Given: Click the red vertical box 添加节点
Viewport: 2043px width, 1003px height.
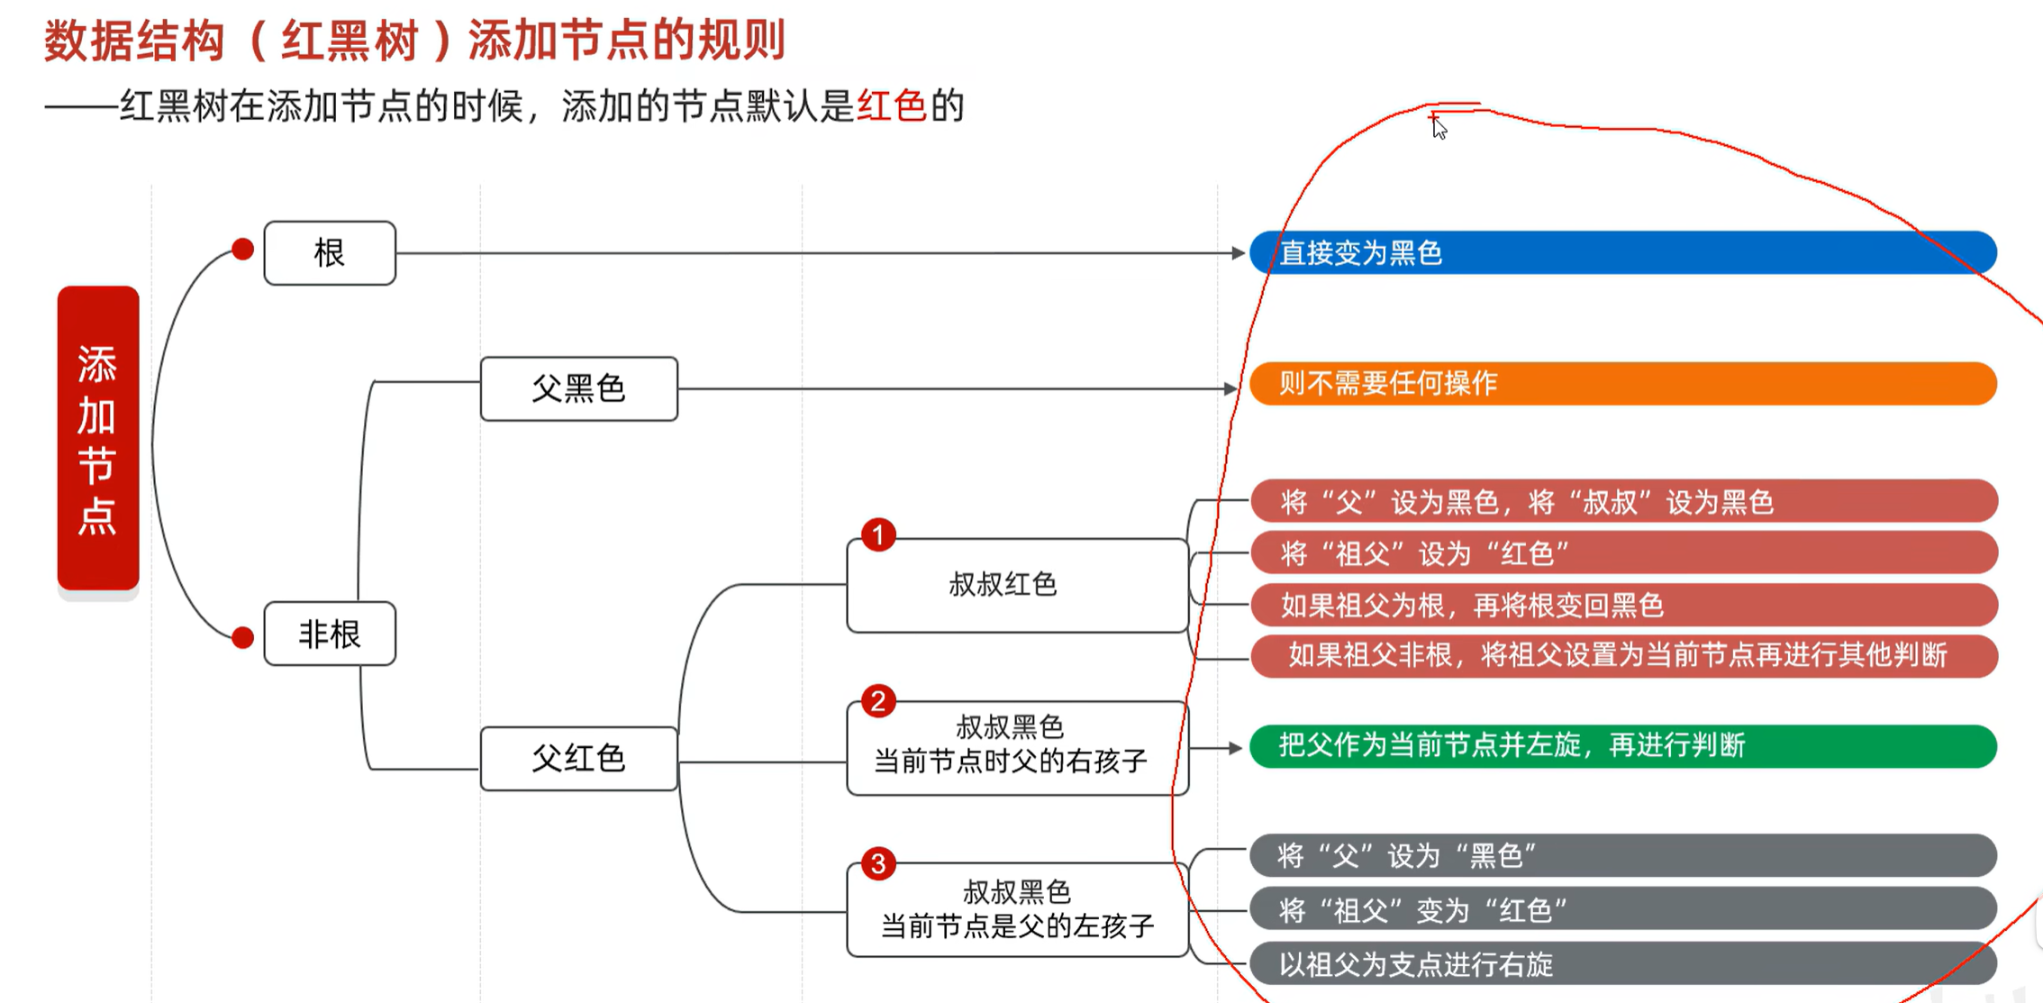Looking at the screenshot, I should [x=98, y=438].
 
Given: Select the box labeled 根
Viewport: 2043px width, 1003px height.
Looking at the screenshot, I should [x=330, y=253].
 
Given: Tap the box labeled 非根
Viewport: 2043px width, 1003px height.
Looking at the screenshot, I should [x=330, y=634].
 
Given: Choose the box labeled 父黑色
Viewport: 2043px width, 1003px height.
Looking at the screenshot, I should [x=578, y=388].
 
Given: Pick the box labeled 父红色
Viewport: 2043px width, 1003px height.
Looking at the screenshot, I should [x=578, y=758].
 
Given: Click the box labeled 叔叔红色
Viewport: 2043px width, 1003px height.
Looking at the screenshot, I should [x=1017, y=586].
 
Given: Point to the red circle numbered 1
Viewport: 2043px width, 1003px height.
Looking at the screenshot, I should [x=878, y=535].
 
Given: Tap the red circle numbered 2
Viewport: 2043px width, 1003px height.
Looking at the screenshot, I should [x=878, y=701].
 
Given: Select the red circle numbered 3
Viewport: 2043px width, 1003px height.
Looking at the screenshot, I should [x=878, y=864].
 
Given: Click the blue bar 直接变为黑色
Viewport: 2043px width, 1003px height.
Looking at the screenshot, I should [x=1621, y=253].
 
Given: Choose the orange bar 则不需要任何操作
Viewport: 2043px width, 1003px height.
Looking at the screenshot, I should [x=1621, y=384].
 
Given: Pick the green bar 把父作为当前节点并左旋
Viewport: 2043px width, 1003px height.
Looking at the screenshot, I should [x=1621, y=746].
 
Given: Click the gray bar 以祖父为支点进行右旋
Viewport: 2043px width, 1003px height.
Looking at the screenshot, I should [x=1621, y=964].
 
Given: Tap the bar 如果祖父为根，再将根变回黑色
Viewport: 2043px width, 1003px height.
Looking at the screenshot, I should [x=1621, y=605].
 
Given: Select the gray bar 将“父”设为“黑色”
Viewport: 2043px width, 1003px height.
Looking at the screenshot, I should [x=1621, y=855].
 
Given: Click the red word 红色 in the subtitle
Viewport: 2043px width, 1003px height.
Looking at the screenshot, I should [x=892, y=106].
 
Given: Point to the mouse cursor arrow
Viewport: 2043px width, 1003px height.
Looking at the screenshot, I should [x=1439, y=127].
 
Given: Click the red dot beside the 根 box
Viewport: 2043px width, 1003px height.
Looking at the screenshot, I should [x=242, y=250].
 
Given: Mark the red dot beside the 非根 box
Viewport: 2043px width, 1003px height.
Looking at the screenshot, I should [x=242, y=638].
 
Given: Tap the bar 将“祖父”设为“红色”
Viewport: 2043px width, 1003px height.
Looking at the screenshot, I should [x=1621, y=553].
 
